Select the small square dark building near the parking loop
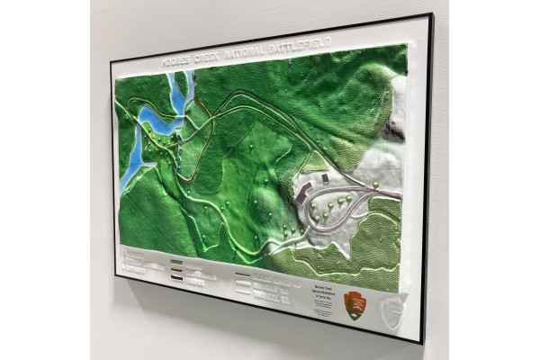[x=323, y=178]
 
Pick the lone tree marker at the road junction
[x=375, y=184]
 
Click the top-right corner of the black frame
[x=431, y=15]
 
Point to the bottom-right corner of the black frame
[x=422, y=344]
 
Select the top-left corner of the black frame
[x=112, y=62]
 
